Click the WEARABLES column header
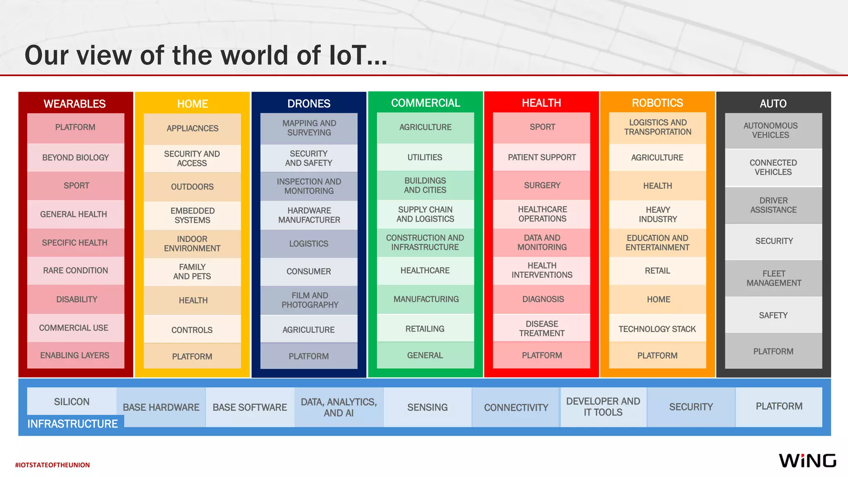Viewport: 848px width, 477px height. pyautogui.click(x=75, y=104)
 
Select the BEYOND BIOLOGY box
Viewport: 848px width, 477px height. pyautogui.click(x=75, y=157)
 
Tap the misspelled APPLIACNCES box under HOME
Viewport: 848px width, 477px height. pyautogui.click(x=192, y=128)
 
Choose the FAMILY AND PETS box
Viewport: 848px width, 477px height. pyautogui.click(x=192, y=272)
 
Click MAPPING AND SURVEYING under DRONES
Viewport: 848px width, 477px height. pyautogui.click(x=309, y=128)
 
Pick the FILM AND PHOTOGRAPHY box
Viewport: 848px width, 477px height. pyautogui.click(x=309, y=300)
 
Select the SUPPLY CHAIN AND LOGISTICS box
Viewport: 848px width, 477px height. pyautogui.click(x=425, y=214)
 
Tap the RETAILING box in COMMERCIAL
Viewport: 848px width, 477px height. pyautogui.click(x=425, y=329)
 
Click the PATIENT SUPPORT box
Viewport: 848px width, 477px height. pyautogui.click(x=542, y=157)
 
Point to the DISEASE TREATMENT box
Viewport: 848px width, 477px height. pyautogui.click(x=542, y=328)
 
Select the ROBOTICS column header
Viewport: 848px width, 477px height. pyautogui.click(x=657, y=103)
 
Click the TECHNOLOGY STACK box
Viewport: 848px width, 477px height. pyautogui.click(x=657, y=329)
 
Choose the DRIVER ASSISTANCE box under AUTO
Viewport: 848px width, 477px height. pyautogui.click(x=773, y=205)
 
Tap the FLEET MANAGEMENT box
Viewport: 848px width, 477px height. pyautogui.click(x=773, y=278)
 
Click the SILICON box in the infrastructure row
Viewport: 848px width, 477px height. pyautogui.click(x=72, y=401)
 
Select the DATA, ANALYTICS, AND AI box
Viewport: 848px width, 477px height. pyautogui.click(x=339, y=407)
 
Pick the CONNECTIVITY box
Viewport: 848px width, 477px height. pyautogui.click(x=516, y=407)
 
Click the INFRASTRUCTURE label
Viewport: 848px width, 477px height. pyautogui.click(x=72, y=424)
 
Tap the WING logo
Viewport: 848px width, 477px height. pyautogui.click(x=807, y=460)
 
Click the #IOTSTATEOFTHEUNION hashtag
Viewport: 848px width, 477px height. pyautogui.click(x=53, y=465)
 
